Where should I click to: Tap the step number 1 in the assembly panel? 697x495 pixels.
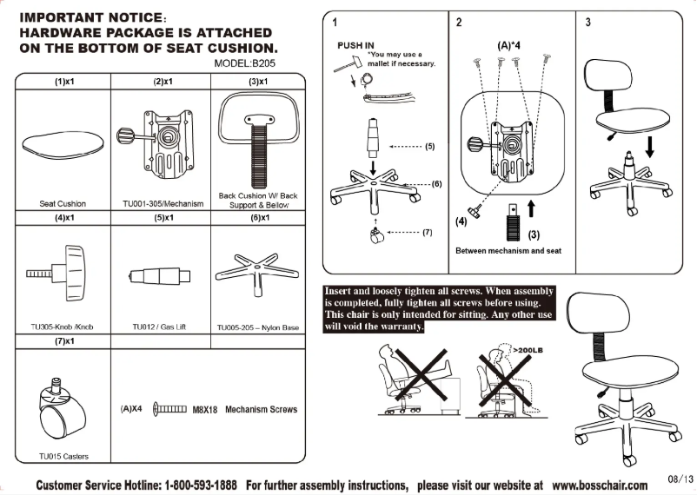click(335, 22)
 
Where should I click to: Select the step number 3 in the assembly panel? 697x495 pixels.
click(587, 22)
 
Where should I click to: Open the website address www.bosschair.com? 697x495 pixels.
click(599, 484)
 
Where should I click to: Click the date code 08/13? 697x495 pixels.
click(680, 478)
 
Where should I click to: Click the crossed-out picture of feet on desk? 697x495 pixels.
click(413, 376)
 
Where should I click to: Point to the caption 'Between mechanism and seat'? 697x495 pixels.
click(508, 251)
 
